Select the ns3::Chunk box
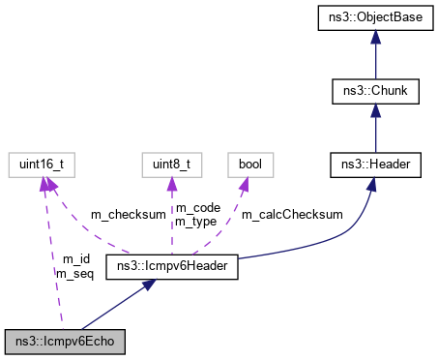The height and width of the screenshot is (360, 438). click(376, 92)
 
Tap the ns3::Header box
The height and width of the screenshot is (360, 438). click(376, 165)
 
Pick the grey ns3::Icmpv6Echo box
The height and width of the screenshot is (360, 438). click(65, 341)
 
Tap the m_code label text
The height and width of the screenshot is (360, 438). click(196, 207)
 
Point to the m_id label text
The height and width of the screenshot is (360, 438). click(75, 259)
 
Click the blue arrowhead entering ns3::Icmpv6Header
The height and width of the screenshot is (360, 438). click(150, 285)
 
